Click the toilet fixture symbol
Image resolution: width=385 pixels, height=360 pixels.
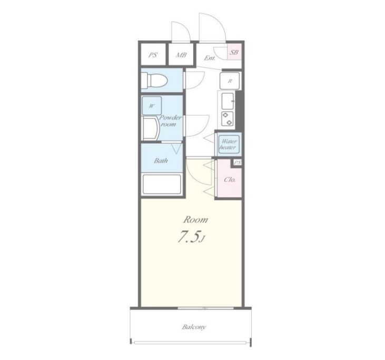(155, 80)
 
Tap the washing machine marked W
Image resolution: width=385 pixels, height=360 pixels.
(152, 105)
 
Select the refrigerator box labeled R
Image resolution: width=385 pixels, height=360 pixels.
(230, 81)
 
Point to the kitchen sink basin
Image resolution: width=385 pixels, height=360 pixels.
(228, 101)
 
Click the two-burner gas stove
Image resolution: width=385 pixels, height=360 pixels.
(228, 119)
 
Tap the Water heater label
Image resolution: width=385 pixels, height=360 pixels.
(228, 144)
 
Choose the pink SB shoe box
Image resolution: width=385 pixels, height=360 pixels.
(234, 52)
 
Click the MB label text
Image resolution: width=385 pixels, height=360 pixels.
(181, 55)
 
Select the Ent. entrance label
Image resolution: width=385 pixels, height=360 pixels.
(210, 58)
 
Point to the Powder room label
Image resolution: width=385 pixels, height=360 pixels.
(170, 121)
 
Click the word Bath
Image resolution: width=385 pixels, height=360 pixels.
(161, 161)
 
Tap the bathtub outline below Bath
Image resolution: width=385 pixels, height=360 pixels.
(162, 184)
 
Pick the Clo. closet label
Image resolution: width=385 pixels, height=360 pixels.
(230, 179)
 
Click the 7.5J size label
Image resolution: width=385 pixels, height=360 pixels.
(191, 237)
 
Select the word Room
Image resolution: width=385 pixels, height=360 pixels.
(195, 220)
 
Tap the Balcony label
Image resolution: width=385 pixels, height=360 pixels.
(194, 327)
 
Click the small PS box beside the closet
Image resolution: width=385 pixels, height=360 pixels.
(238, 163)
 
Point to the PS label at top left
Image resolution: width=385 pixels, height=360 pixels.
(153, 55)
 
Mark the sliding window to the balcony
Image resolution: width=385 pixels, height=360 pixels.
(206, 308)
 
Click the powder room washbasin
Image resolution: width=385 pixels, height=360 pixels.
(150, 128)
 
